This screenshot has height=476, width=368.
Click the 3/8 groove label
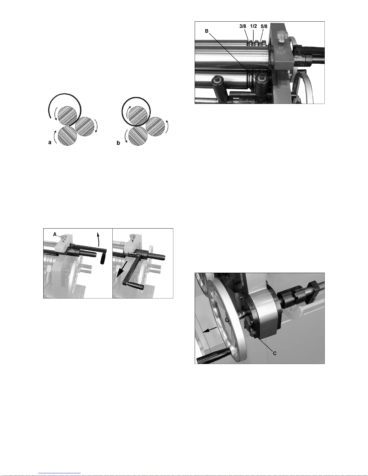(243, 26)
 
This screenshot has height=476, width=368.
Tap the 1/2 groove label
(254, 26)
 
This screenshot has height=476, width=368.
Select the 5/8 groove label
(264, 26)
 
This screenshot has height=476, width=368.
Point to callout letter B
(207, 31)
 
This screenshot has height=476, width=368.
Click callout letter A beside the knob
(55, 234)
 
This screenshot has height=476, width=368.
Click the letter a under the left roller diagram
(50, 142)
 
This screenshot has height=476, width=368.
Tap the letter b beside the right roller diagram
(118, 143)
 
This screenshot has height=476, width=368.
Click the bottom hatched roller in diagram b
(138, 136)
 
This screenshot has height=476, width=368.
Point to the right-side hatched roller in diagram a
(85, 127)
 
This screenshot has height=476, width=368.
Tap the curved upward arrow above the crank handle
(99, 240)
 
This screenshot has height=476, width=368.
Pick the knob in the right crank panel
(132, 237)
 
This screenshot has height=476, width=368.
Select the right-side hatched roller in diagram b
(155, 126)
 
